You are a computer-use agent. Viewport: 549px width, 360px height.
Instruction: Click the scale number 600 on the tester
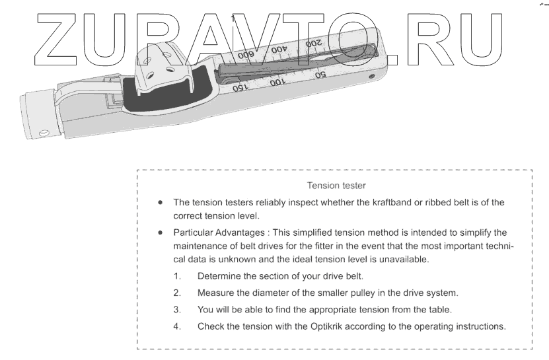point(245,54)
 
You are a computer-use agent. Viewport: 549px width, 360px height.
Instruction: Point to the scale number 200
point(314,43)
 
